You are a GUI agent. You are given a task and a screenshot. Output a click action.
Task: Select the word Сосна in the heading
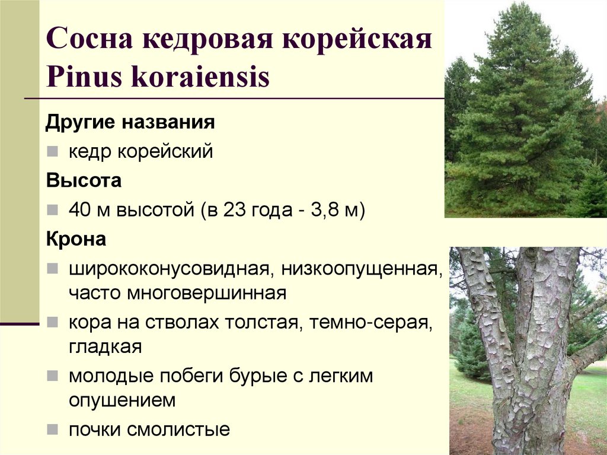[x=88, y=43]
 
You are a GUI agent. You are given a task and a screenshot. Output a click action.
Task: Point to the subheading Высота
[x=84, y=180]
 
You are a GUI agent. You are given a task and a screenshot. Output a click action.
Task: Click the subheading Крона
[x=76, y=240]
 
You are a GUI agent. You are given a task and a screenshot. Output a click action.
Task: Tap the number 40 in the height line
[x=78, y=210]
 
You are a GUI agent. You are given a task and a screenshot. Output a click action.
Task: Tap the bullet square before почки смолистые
[x=53, y=429]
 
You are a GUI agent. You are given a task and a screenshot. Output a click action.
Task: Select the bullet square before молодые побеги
[x=53, y=376]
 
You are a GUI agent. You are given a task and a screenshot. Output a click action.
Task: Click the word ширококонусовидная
[x=170, y=270]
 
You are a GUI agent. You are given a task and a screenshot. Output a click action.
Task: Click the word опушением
[x=122, y=399]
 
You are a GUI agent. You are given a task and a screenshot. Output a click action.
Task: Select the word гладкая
[x=105, y=346]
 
